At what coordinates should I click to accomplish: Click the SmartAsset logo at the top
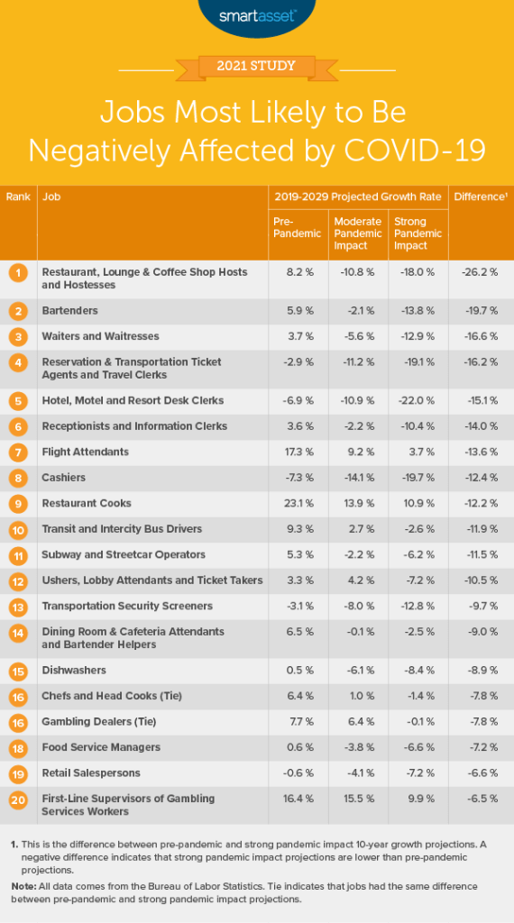(256, 15)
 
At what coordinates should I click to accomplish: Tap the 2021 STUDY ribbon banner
(256, 65)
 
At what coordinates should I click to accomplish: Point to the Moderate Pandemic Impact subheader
(357, 233)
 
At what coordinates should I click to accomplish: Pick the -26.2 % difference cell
(479, 271)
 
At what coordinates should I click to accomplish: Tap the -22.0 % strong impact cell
(418, 400)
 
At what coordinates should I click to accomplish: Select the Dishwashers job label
(74, 670)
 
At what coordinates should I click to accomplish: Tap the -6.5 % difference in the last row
(479, 799)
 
